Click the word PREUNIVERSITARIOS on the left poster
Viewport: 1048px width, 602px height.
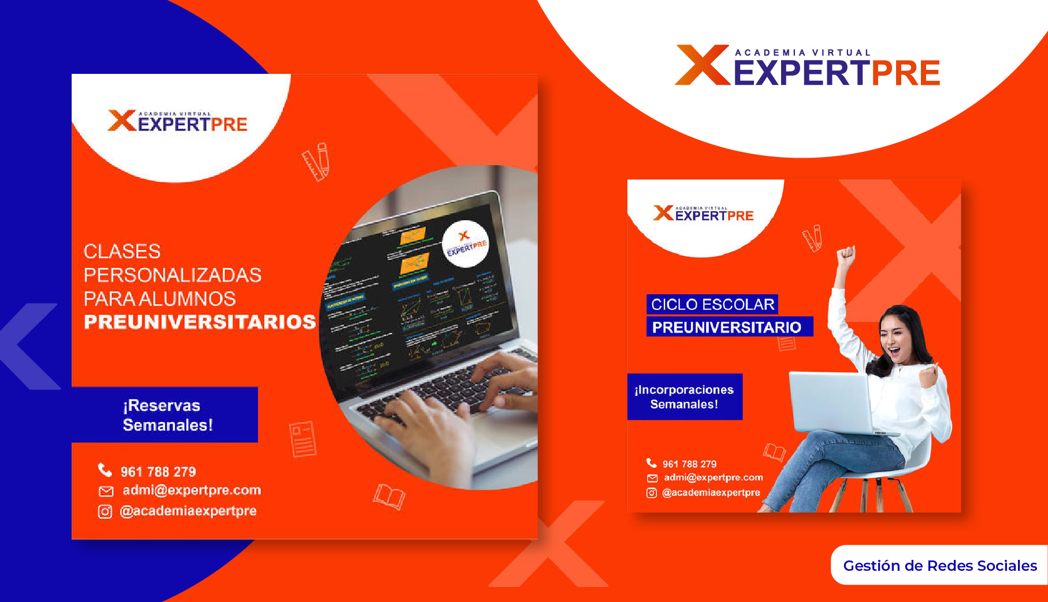[199, 322]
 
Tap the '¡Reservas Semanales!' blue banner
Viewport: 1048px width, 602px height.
[168, 415]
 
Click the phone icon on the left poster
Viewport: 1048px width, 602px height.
[105, 470]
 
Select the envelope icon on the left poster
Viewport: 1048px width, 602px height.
[106, 491]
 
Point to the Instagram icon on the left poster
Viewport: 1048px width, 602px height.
[105, 511]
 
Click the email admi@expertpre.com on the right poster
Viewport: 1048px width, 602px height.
[713, 477]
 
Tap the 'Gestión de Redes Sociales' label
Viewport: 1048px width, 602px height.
[939, 566]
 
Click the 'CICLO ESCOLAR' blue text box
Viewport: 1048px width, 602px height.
[712, 304]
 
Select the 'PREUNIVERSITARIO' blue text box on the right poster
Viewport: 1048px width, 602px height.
[729, 327]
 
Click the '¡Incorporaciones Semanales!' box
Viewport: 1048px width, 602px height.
[685, 397]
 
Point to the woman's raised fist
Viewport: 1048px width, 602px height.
[846, 255]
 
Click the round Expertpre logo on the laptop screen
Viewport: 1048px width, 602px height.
[466, 244]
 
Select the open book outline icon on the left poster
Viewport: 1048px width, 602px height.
[389, 496]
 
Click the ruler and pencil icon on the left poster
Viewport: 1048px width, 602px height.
[317, 162]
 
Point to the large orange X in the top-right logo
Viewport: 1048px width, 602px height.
[702, 65]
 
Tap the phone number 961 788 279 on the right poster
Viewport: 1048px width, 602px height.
[689, 464]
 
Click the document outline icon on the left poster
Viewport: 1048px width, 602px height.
[303, 439]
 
